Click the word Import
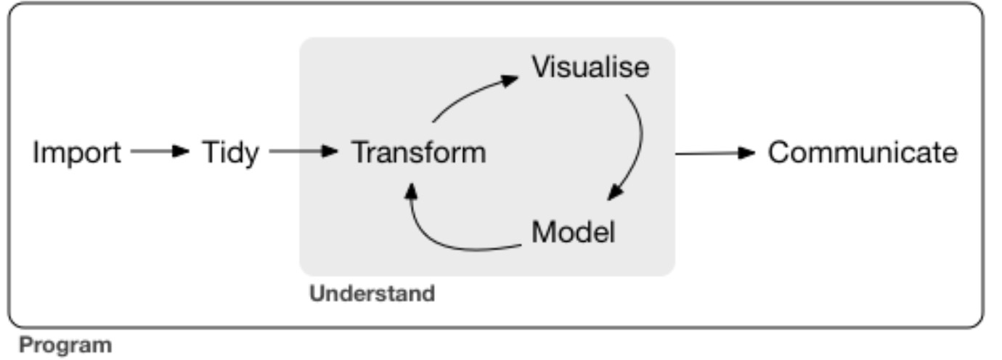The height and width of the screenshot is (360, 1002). coord(77,153)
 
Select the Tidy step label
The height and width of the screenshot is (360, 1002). coord(229,153)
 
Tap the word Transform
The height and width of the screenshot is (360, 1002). coord(419,153)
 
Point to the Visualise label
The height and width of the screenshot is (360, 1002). coord(590,67)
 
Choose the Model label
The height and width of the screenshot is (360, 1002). coord(573,232)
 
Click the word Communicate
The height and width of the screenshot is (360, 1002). coord(863,153)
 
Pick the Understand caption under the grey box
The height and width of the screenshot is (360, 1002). coord(372,294)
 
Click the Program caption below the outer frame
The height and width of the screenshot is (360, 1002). coord(65,345)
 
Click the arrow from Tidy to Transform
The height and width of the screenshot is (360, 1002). coord(304,152)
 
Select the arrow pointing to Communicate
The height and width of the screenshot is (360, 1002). coord(715,153)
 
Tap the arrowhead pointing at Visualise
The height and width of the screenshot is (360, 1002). coord(511,79)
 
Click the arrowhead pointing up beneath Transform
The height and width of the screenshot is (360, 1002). coord(411,190)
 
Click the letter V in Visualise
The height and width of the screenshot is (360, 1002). coord(542,67)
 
